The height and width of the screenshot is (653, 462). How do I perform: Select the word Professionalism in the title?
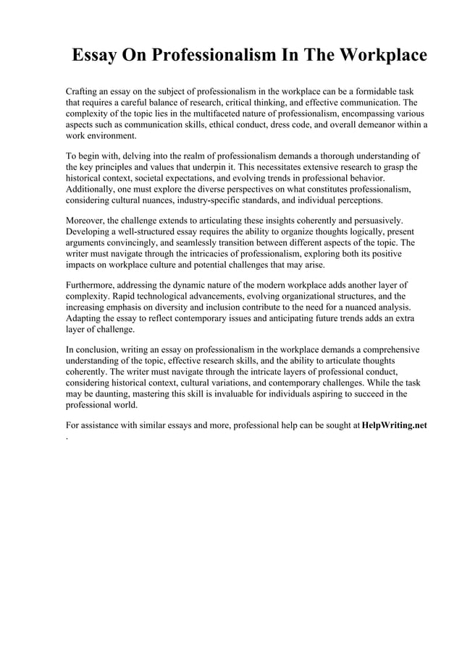coord(217,56)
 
